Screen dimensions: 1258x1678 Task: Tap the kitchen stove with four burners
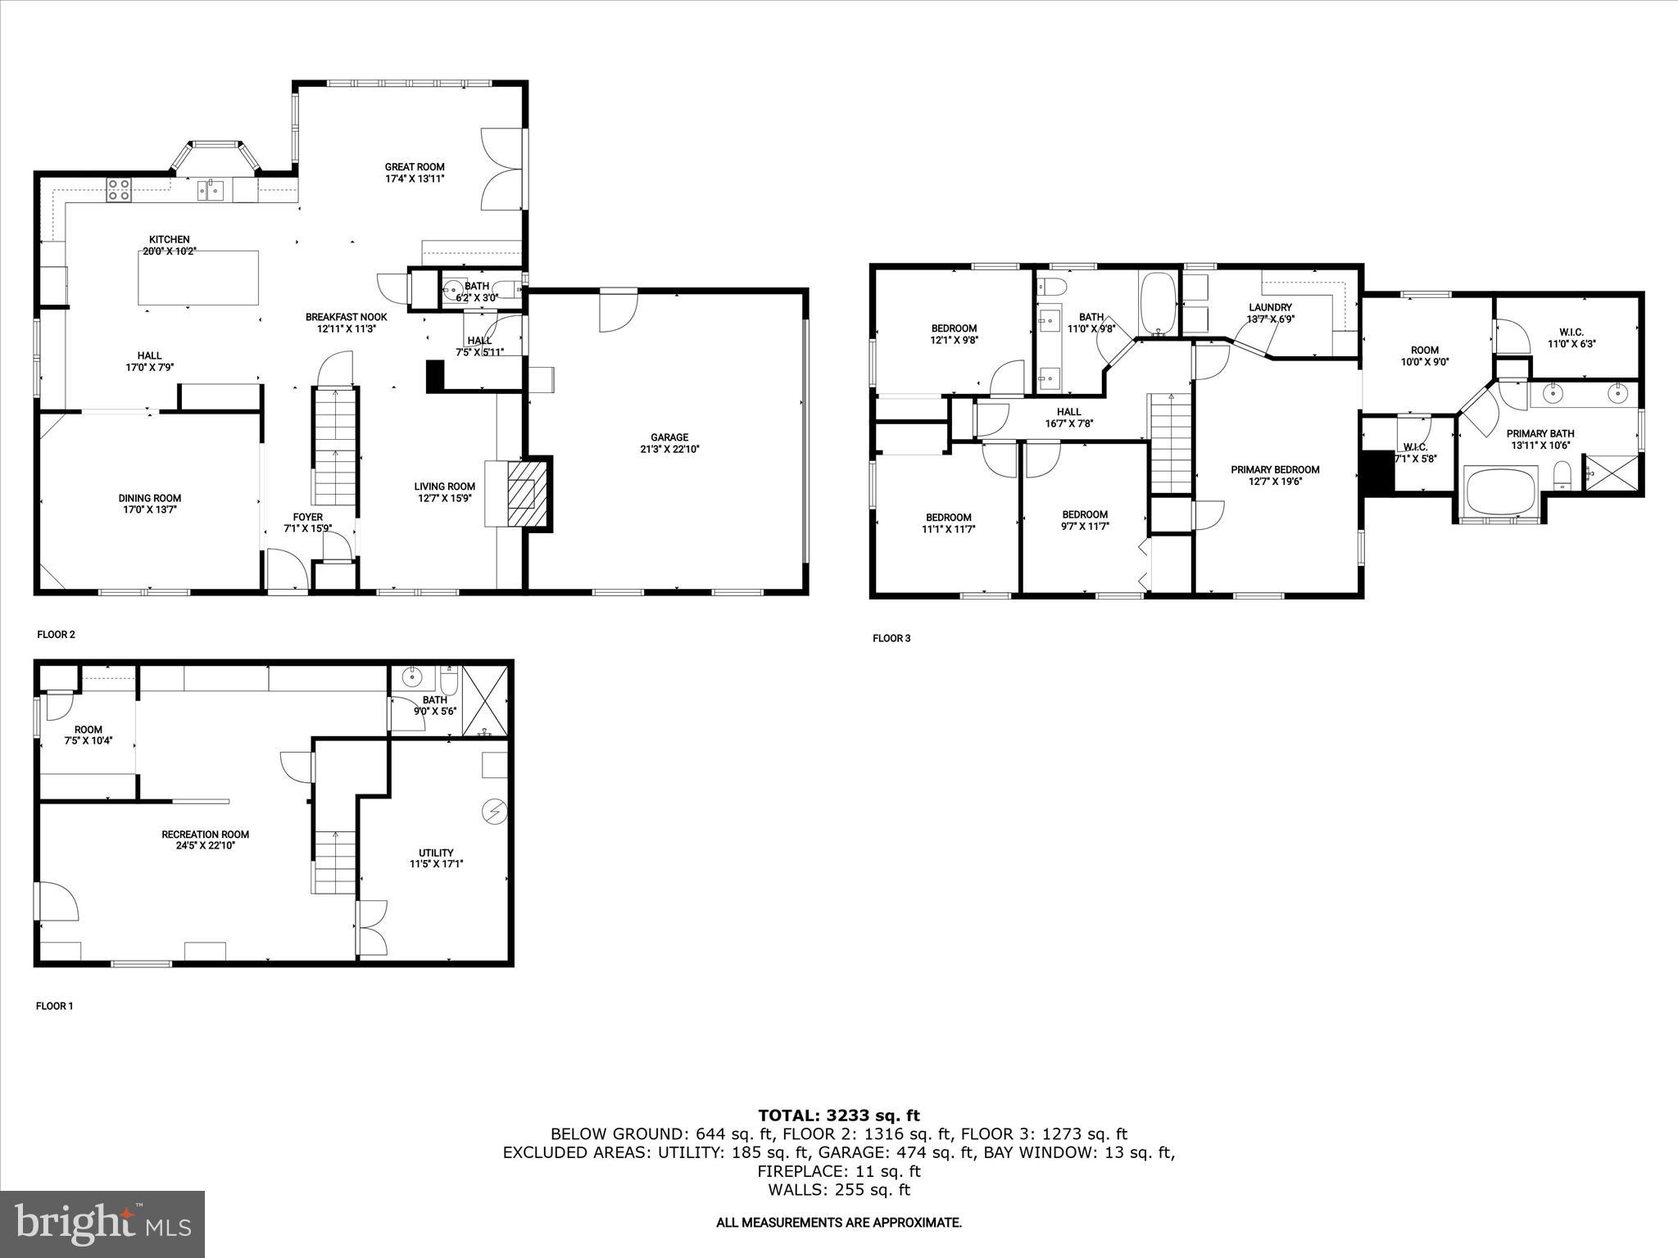[x=118, y=190]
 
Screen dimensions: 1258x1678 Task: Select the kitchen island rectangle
[x=198, y=278]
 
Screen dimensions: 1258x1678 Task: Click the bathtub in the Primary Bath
[x=1502, y=490]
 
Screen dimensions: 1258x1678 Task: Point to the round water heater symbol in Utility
[x=494, y=811]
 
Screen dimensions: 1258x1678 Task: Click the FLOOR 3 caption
[x=891, y=638]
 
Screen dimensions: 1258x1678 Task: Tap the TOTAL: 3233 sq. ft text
[x=838, y=1115]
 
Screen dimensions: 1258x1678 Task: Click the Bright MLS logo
[x=102, y=1224]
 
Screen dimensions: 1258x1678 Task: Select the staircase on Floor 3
[x=1171, y=443]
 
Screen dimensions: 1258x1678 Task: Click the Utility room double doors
[x=371, y=928]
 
